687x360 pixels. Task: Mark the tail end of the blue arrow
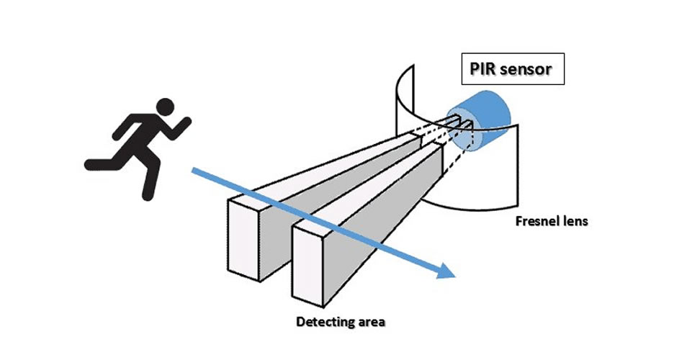(193, 170)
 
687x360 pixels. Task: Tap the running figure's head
(166, 106)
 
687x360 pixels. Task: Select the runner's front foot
(148, 193)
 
